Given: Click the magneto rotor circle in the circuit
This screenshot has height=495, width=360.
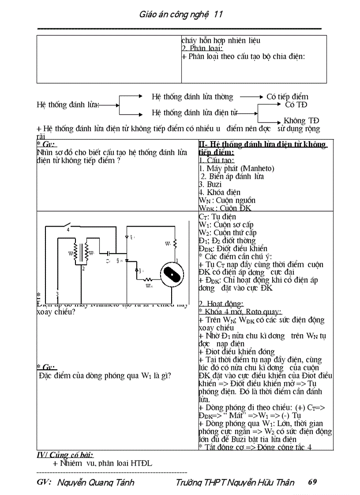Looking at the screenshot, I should click(171, 275).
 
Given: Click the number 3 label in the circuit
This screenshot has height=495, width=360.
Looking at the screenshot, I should click(57, 294).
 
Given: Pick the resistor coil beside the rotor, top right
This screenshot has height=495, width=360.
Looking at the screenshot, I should click(175, 243).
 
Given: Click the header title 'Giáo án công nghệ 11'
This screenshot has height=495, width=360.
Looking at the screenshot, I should click(180, 15).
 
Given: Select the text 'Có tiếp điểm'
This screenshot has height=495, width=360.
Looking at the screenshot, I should click(287, 97).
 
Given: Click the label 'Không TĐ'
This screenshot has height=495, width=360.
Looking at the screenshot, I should click(301, 120).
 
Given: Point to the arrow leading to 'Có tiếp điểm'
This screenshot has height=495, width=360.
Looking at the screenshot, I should click(251, 97).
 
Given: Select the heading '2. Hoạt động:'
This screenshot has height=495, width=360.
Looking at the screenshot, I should click(221, 304).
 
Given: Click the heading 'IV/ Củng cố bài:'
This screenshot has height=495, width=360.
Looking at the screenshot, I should click(65, 455).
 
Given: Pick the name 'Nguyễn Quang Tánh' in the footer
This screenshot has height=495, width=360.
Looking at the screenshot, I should click(96, 482).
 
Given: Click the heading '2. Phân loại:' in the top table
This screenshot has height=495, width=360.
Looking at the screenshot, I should click(202, 48).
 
